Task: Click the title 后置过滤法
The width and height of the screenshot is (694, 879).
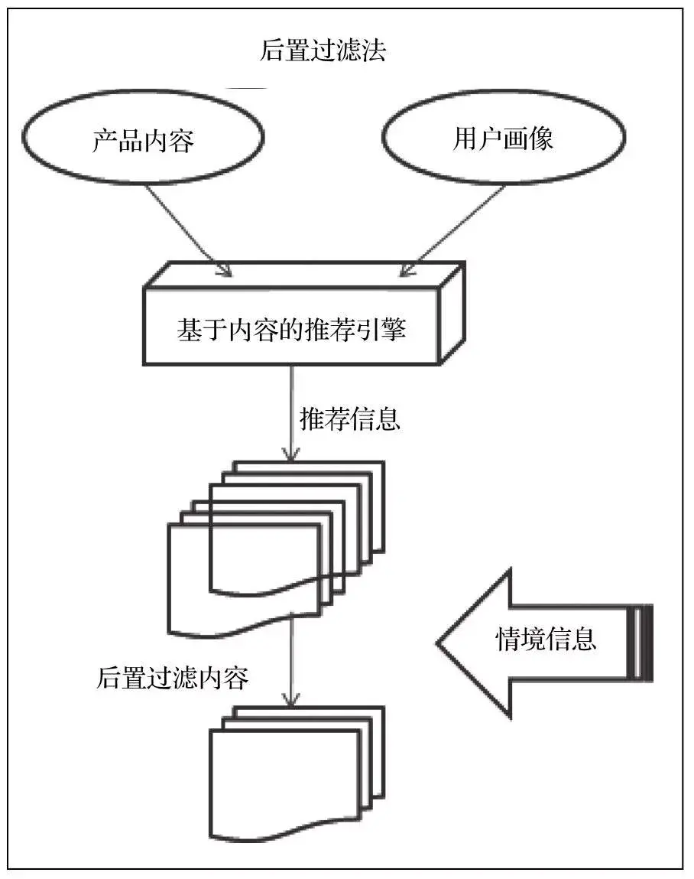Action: [323, 50]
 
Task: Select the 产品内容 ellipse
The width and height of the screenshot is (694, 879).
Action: [143, 139]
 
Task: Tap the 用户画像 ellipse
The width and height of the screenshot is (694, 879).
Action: [502, 138]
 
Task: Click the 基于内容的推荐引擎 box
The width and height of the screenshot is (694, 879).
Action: [291, 330]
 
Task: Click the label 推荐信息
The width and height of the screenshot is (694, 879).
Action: [349, 419]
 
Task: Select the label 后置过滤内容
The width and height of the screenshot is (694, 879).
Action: [173, 678]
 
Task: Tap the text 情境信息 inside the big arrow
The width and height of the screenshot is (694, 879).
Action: [546, 639]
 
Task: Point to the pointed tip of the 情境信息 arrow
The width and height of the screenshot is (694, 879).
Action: [441, 641]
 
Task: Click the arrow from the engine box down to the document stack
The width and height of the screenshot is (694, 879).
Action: [290, 413]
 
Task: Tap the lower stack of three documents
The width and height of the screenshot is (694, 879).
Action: [294, 776]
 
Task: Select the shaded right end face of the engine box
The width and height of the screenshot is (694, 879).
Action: [451, 314]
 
